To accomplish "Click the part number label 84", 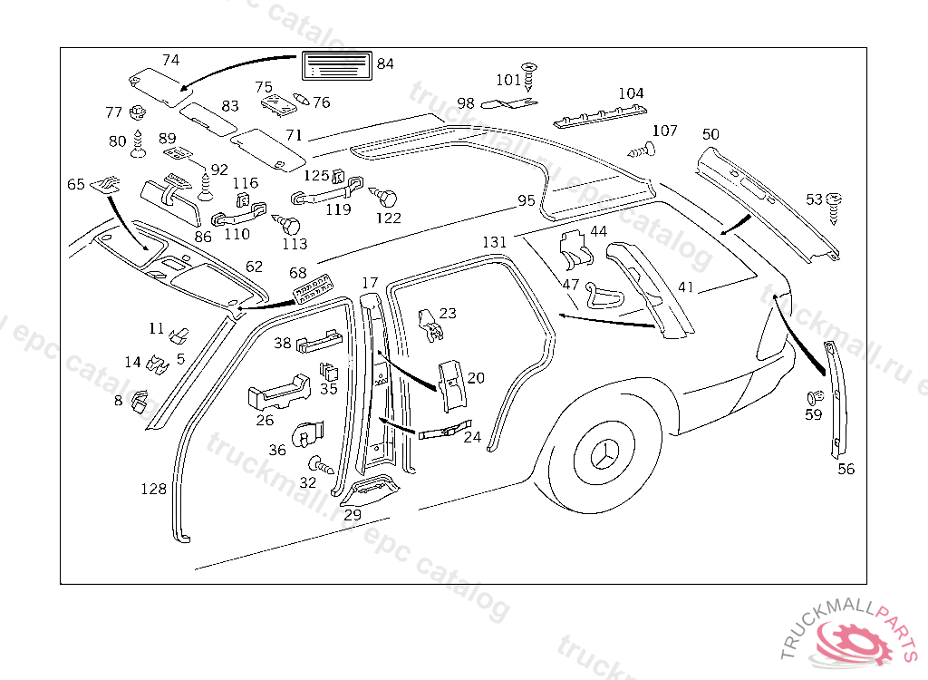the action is click(385, 63).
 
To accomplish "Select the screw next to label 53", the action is click(834, 208).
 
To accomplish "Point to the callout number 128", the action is click(153, 489).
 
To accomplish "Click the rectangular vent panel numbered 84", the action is click(337, 65).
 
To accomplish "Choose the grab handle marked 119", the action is click(326, 190).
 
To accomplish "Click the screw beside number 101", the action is click(529, 77).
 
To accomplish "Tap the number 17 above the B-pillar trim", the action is click(370, 283).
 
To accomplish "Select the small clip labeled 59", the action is click(815, 397).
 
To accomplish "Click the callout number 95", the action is click(527, 200).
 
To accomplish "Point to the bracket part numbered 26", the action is click(279, 392).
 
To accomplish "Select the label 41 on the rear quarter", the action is click(685, 287).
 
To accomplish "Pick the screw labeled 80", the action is click(138, 144).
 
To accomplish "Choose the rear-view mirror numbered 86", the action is click(171, 199).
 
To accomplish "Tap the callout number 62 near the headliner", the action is click(254, 267).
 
